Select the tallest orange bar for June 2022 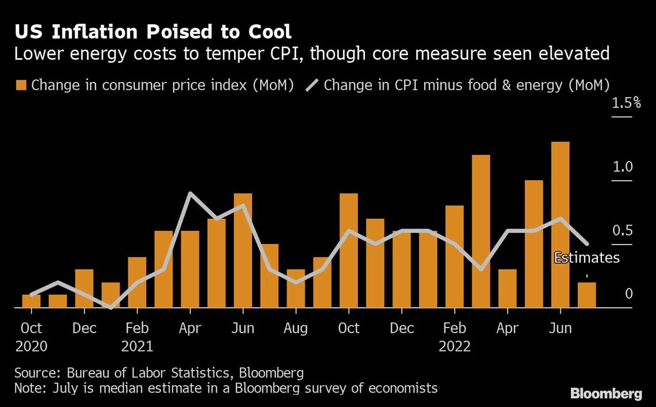[x=560, y=225]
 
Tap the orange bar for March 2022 [x=480, y=231]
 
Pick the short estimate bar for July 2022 [x=586, y=295]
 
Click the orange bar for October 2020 [x=31, y=301]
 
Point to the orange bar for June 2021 [x=243, y=250]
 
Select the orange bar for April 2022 [x=507, y=288]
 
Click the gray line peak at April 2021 [x=190, y=193]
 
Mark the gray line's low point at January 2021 [x=110, y=308]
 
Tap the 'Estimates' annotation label [x=586, y=257]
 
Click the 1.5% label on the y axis [x=626, y=103]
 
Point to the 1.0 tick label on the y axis [x=622, y=167]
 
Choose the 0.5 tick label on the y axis [x=622, y=231]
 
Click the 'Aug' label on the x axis [x=296, y=328]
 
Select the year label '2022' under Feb [x=455, y=346]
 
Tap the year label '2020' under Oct [x=31, y=346]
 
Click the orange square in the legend [x=21, y=85]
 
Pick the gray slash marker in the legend [x=311, y=85]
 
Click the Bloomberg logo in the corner [x=606, y=394]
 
